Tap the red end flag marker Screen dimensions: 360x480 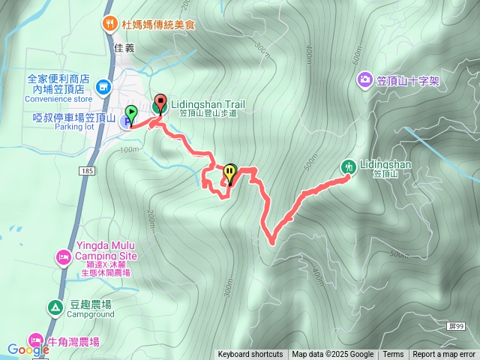point(160,103)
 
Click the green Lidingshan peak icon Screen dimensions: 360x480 point(349,166)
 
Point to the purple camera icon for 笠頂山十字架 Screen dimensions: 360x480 point(364,79)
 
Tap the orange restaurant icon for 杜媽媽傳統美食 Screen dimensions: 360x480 point(109,23)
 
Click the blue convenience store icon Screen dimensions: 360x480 point(103,88)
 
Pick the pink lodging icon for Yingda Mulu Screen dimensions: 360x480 point(63,258)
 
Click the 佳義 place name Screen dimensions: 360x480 point(125,47)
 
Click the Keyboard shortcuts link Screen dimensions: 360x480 point(250,355)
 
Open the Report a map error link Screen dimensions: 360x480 point(444,355)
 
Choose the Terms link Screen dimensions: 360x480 point(393,355)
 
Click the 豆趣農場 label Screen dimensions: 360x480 point(91,304)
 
